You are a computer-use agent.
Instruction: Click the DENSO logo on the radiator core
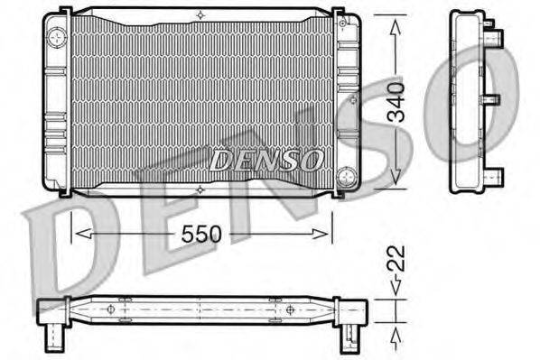(266, 161)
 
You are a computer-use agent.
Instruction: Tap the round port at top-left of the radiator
(58, 38)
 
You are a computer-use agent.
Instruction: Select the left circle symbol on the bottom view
(111, 309)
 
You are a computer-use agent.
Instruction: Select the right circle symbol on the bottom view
(288, 309)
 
